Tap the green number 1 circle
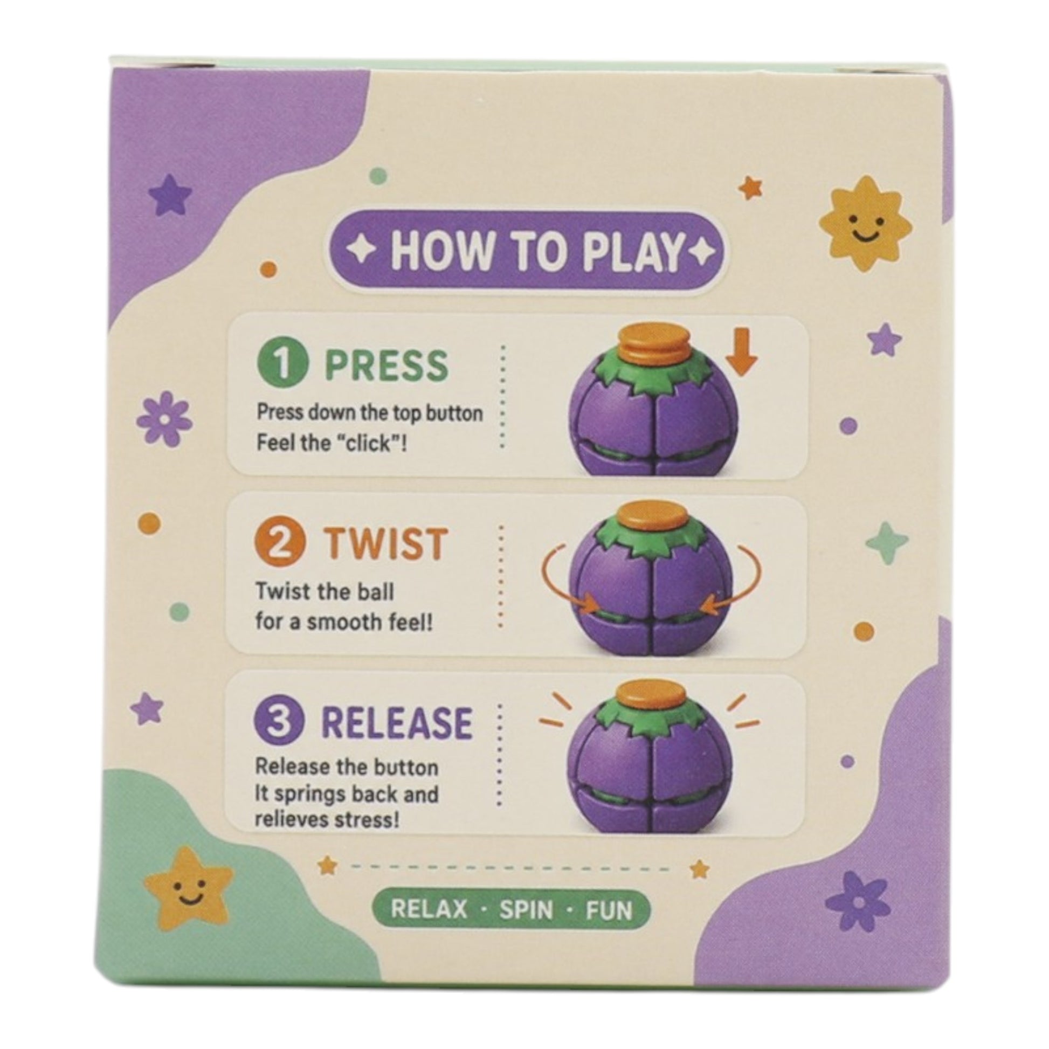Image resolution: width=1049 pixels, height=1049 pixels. tap(282, 364)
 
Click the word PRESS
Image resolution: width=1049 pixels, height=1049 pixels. tap(387, 365)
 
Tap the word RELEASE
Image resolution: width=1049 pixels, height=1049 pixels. tap(397, 723)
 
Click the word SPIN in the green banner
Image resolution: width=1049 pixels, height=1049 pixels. tap(526, 909)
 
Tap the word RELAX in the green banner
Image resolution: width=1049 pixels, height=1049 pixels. tap(429, 909)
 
